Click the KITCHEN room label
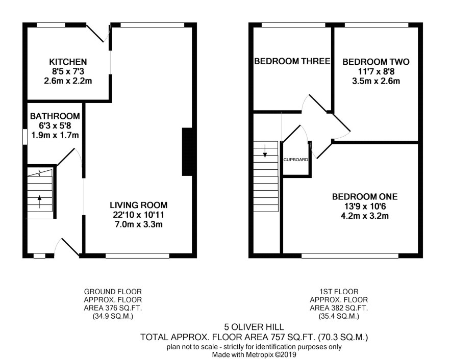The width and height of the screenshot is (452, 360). (68, 62)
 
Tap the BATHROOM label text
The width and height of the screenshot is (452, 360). (55, 116)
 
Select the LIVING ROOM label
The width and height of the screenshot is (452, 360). (138, 205)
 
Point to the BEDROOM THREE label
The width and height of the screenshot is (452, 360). (292, 61)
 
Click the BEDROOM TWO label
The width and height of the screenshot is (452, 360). (375, 62)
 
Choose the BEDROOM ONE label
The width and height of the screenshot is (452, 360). (365, 197)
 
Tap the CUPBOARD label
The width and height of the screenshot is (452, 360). (296, 160)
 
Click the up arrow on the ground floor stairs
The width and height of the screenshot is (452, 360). (39, 202)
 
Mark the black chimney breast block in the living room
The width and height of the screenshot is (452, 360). (187, 152)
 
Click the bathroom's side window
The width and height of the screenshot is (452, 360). (25, 137)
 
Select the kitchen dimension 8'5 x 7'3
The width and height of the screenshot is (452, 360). (68, 71)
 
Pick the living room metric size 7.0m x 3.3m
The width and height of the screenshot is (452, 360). (139, 224)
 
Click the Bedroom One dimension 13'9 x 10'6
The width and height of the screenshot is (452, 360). (365, 206)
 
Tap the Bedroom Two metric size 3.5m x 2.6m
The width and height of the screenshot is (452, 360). (376, 81)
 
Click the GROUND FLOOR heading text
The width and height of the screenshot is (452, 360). (113, 292)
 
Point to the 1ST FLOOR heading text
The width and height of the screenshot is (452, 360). (339, 292)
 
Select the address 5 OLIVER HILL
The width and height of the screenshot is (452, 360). (254, 327)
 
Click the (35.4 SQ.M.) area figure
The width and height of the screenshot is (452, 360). (339, 316)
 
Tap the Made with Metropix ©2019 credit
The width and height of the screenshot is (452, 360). (254, 354)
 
